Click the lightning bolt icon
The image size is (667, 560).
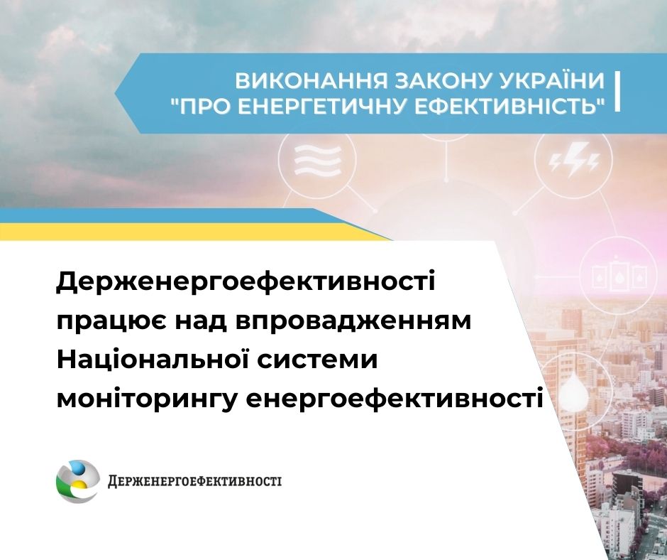573,159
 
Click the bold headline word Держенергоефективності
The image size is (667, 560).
246,284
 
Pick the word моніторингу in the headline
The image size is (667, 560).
146,399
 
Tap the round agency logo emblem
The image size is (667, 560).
77,481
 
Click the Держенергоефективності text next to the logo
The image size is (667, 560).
194,482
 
